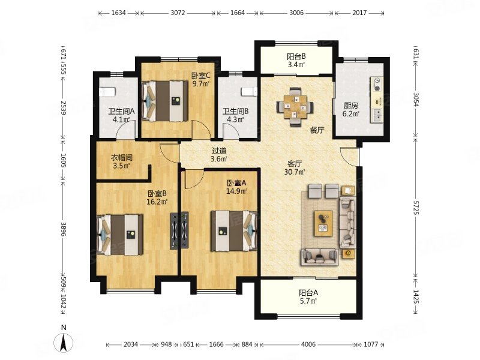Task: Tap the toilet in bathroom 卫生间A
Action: pyautogui.click(x=107, y=91)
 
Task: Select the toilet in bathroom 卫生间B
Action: pyautogui.click(x=248, y=91)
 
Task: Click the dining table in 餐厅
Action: pyautogui.click(x=295, y=107)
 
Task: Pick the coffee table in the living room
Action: pyautogui.click(x=323, y=223)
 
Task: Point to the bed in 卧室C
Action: pyautogui.click(x=165, y=101)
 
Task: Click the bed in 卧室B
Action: pyautogui.click(x=119, y=235)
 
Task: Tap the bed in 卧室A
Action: pyautogui.click(x=234, y=231)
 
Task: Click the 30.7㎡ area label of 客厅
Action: pyautogui.click(x=295, y=172)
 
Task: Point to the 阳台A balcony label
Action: pyautogui.click(x=308, y=293)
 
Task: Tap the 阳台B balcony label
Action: pyautogui.click(x=296, y=56)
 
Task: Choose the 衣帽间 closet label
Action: pyautogui.click(x=121, y=158)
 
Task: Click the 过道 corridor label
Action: pyautogui.click(x=219, y=151)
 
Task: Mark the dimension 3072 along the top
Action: pyautogui.click(x=178, y=13)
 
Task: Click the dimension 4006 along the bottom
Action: pyautogui.click(x=308, y=344)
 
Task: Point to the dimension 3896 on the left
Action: pyautogui.click(x=64, y=229)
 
